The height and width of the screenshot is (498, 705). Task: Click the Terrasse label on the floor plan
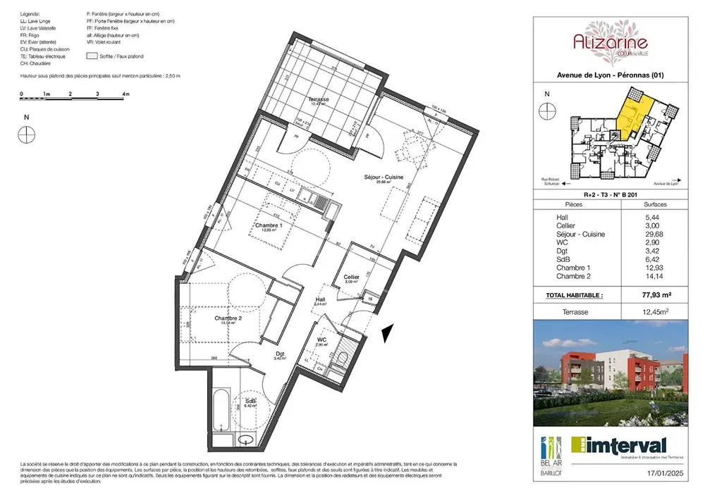318,100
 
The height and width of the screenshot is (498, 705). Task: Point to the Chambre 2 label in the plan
228,318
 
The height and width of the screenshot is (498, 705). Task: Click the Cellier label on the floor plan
351,277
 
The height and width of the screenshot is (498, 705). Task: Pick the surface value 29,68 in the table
655,235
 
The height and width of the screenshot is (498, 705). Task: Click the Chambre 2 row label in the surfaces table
572,278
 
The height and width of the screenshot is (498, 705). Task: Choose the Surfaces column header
655,204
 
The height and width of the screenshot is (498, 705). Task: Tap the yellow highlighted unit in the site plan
630,116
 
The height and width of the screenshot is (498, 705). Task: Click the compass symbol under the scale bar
27,131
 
